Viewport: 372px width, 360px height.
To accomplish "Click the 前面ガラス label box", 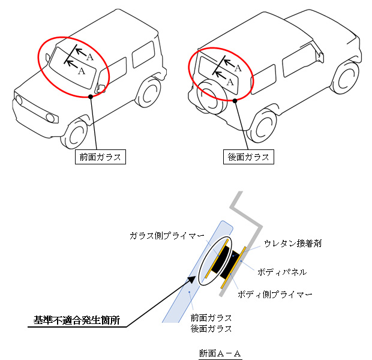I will [100, 157].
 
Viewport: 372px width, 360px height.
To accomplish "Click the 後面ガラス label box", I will [248, 157].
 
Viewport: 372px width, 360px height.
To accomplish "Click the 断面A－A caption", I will [220, 353].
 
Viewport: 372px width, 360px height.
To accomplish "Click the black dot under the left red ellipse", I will [90, 95].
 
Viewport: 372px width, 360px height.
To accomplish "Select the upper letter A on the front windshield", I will [89, 57].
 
